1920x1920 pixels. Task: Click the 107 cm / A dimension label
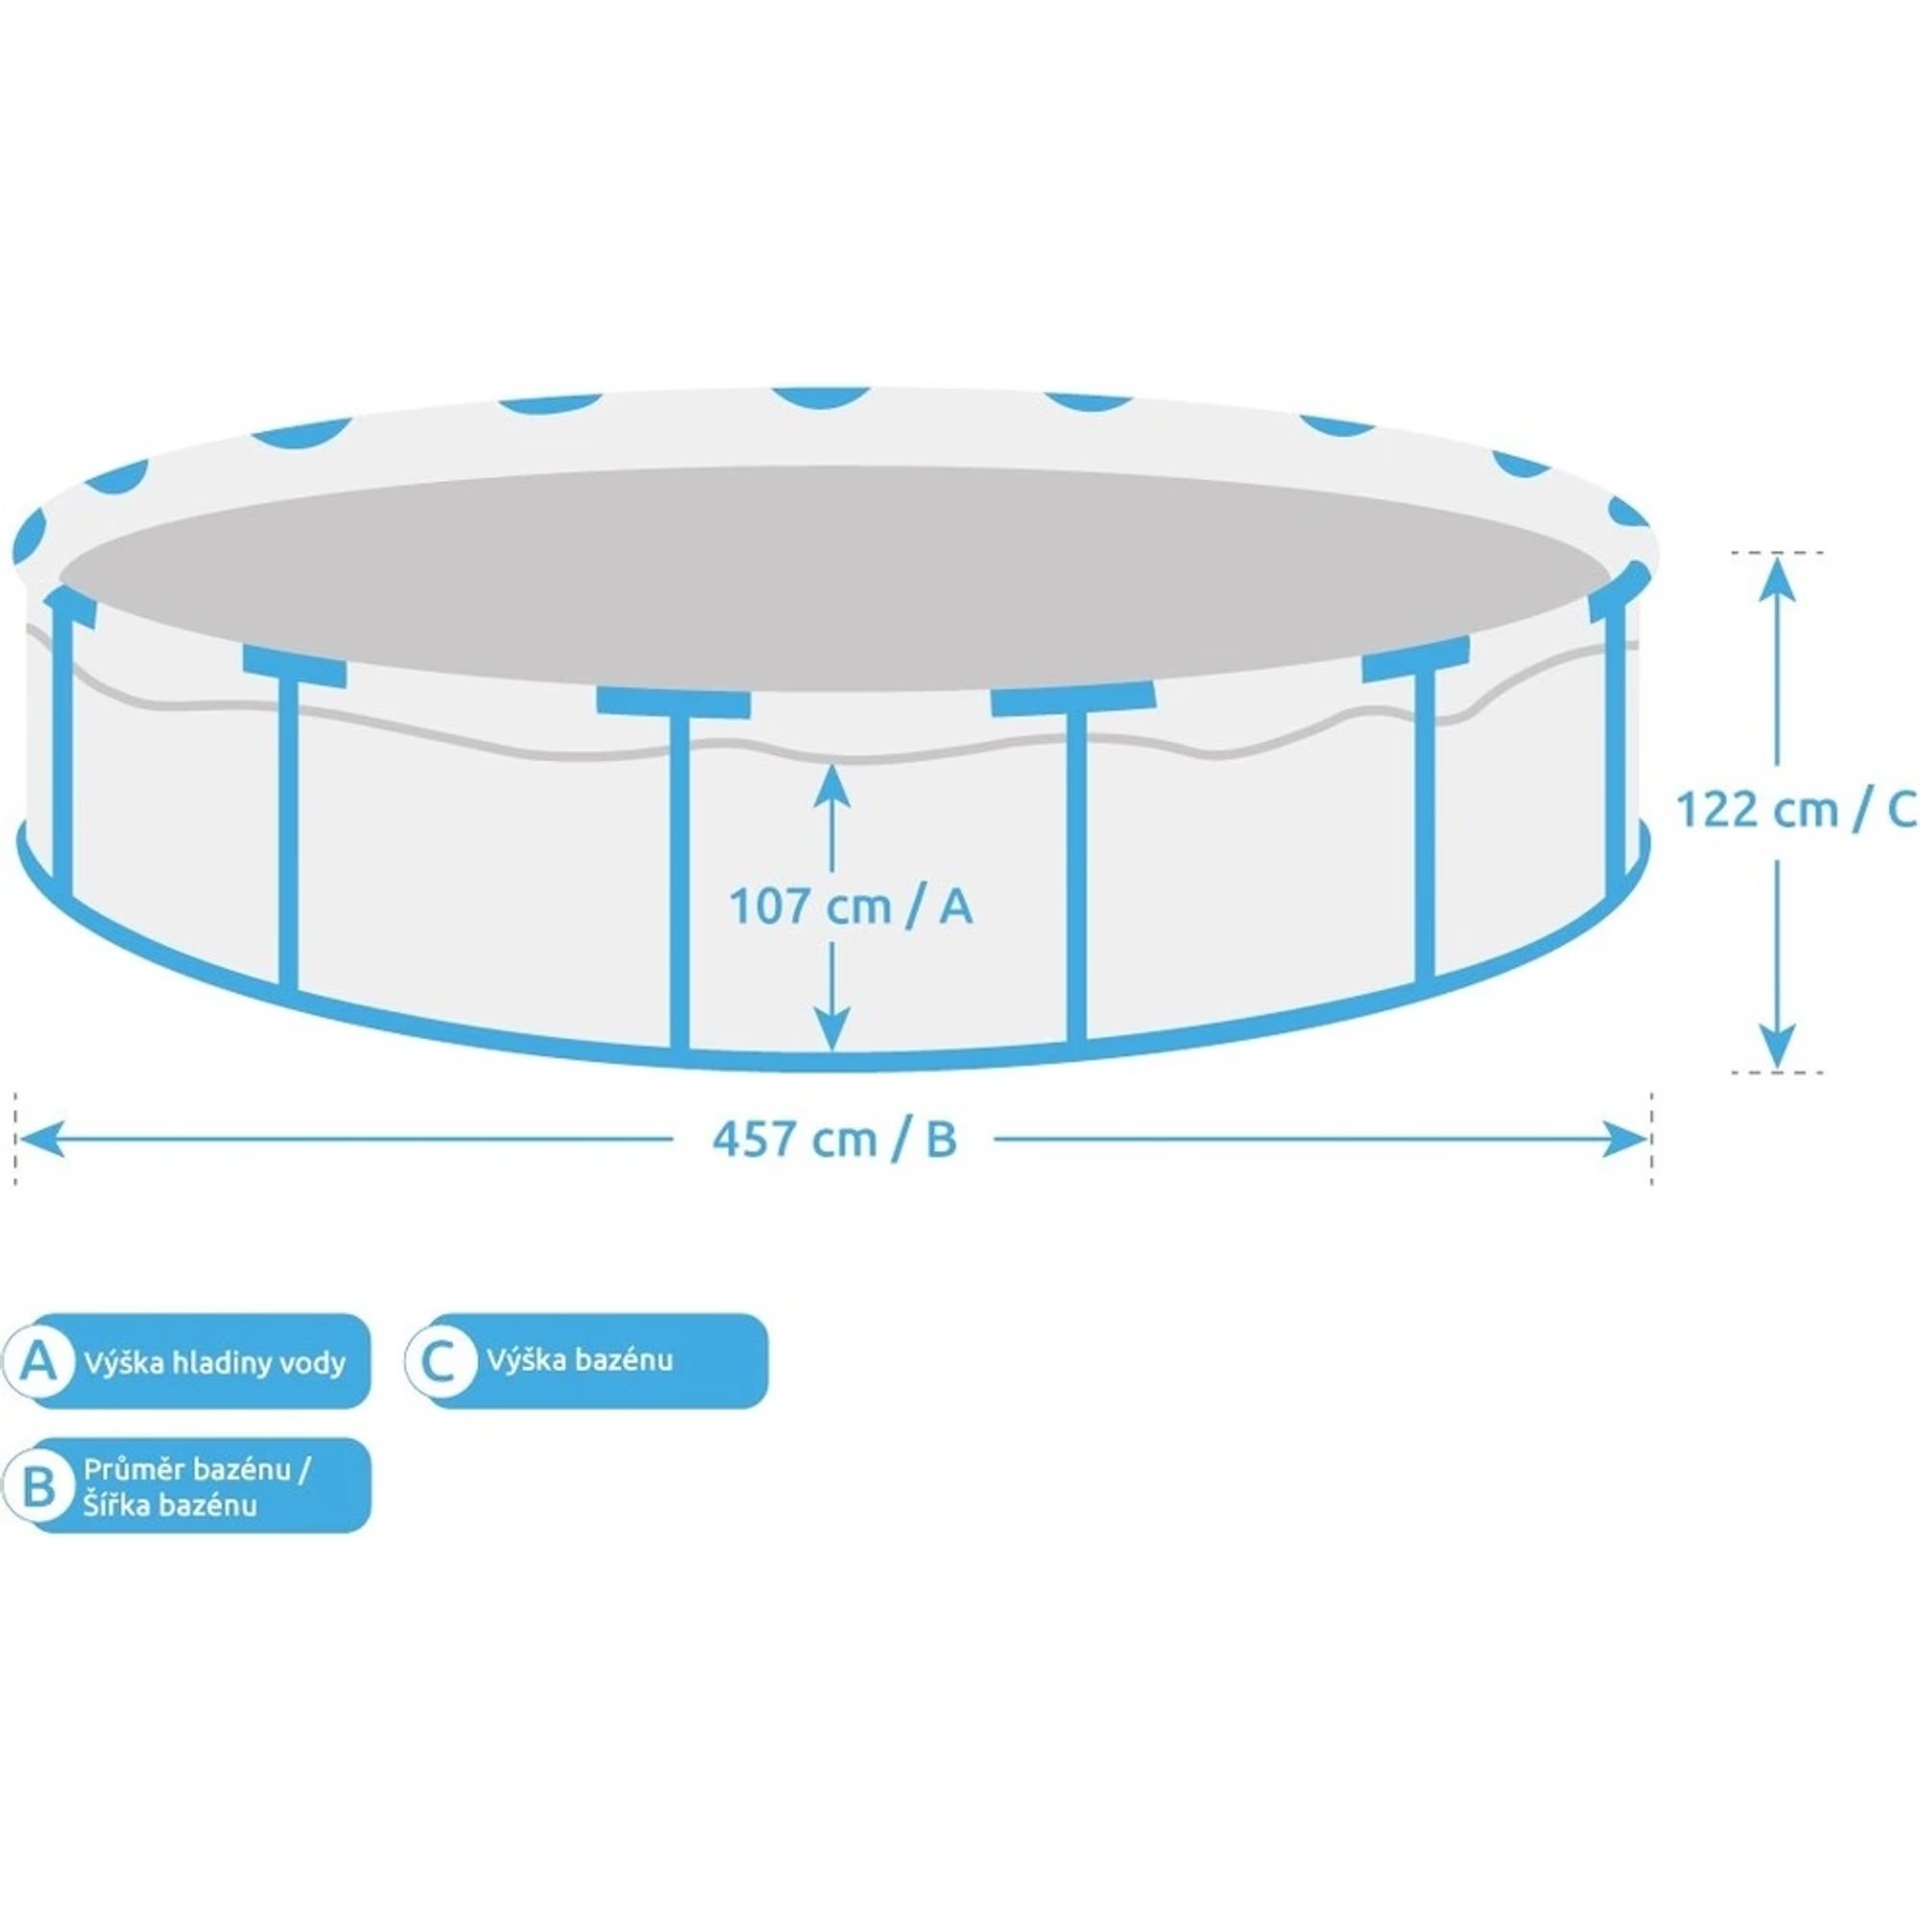click(x=851, y=907)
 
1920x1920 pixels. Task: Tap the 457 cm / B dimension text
click(x=834, y=1140)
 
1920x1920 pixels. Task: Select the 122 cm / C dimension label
click(x=1797, y=810)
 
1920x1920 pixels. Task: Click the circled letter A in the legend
click(x=39, y=1360)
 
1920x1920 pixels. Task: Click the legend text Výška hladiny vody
click(x=215, y=1361)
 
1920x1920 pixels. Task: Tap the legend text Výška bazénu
click(x=580, y=1358)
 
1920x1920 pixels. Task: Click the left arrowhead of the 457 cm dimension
click(x=41, y=1139)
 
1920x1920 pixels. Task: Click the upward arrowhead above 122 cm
click(x=1776, y=581)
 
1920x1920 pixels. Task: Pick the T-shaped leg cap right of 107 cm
click(x=1073, y=700)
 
